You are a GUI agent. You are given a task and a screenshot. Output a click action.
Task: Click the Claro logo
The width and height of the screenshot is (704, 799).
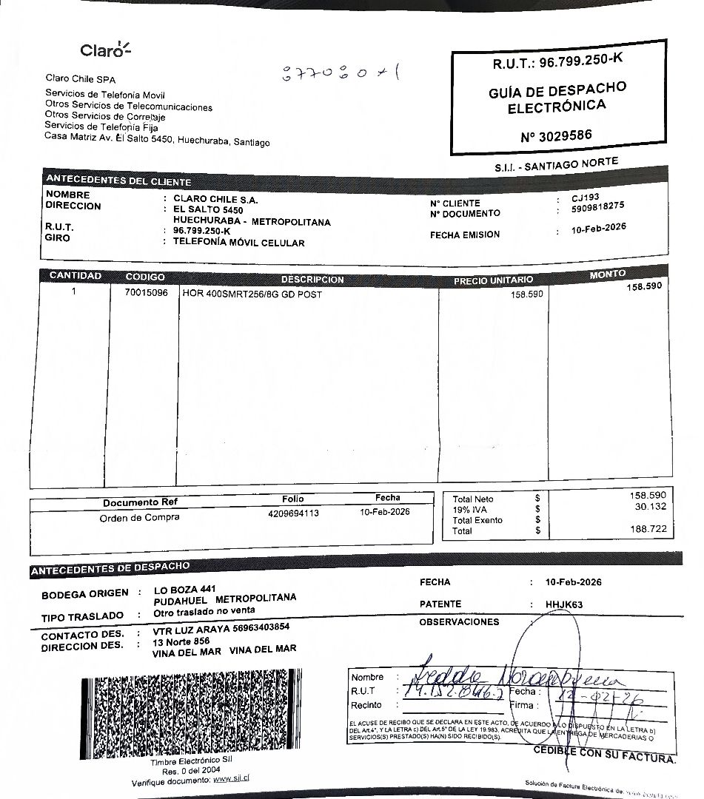coord(105,50)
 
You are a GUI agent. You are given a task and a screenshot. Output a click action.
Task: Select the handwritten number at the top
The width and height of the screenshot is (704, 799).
coord(341,74)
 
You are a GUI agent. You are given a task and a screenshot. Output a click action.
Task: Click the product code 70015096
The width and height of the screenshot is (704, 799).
coord(146,293)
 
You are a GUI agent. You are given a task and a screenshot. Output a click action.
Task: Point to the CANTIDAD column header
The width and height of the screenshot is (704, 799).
coord(75,276)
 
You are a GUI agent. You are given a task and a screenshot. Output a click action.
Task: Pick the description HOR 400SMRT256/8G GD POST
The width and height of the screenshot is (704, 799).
coord(252,294)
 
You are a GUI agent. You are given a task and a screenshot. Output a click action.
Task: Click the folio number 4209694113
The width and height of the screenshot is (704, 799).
coord(293,513)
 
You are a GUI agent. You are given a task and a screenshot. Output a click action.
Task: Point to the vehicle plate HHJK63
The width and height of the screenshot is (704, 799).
coord(564,604)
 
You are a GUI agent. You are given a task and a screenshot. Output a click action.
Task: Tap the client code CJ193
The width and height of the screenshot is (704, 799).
coord(586,198)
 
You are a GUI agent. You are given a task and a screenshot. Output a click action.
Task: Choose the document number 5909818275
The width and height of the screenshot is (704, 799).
coord(598,206)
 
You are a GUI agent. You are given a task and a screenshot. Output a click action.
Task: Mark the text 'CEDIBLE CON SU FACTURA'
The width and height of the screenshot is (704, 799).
coord(604,754)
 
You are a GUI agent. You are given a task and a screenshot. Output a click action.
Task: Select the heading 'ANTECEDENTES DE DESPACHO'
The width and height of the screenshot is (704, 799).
coord(110,569)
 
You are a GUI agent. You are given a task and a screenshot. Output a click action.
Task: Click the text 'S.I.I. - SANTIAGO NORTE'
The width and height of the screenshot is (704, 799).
coord(556,166)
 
